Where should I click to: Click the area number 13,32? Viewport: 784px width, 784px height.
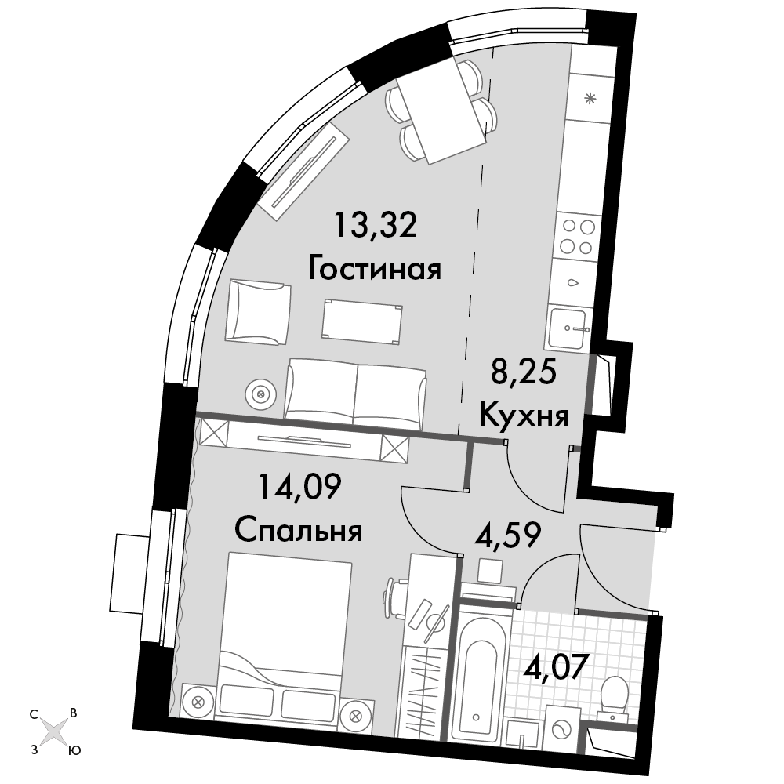point(376,226)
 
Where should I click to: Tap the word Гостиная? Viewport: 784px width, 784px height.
point(375,269)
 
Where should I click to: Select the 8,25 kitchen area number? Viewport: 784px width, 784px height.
point(524,372)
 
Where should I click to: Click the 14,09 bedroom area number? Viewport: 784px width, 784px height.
point(299,486)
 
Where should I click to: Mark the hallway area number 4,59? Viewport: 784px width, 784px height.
point(507,535)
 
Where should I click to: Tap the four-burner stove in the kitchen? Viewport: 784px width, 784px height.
point(578,237)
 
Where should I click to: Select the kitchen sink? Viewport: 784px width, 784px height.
point(568,328)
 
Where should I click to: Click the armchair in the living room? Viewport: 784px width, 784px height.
point(258,311)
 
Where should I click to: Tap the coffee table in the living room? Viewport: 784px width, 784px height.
point(362,321)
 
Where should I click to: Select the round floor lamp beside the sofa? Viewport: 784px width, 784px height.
point(260,394)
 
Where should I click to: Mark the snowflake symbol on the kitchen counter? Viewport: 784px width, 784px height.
point(590,98)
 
